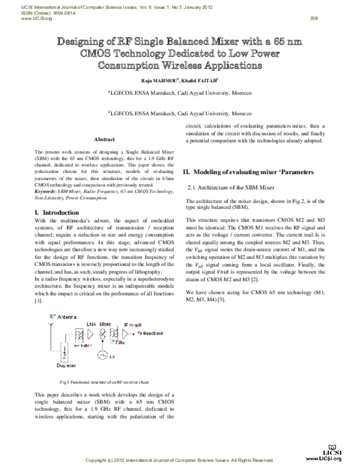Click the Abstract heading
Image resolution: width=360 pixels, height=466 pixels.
[x=104, y=139]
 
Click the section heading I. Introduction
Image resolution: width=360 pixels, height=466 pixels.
[x=57, y=213]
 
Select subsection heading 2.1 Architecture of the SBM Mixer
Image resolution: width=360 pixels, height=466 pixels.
[x=231, y=188]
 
